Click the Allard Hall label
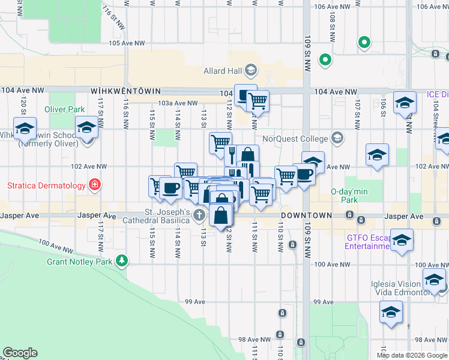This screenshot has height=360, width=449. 221,71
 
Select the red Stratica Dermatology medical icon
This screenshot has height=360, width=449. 94,184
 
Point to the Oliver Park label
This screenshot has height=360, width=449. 65,109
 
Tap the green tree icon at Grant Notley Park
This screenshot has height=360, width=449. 122,260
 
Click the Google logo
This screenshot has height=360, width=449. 20,353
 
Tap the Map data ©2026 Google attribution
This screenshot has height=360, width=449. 412,355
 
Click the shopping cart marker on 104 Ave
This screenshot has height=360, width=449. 258,101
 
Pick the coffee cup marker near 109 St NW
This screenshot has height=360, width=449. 304,175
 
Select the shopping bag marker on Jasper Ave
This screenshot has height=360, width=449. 221,214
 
